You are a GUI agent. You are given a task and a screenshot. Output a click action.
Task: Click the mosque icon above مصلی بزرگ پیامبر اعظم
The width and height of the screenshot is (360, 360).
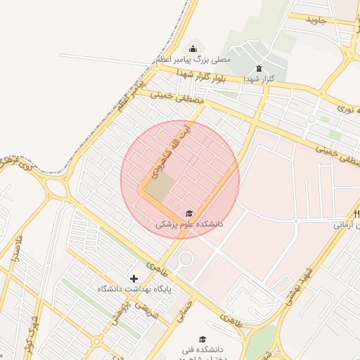tap(193, 48)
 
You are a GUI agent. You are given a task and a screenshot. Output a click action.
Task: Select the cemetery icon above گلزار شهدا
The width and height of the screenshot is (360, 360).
tap(258, 68)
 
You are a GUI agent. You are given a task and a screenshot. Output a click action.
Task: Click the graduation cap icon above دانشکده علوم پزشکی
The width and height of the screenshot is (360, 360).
tap(188, 213)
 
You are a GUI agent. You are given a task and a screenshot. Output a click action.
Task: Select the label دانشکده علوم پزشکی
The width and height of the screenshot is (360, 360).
tap(189, 225)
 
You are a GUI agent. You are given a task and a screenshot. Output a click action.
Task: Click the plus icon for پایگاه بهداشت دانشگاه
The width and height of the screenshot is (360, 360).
tap(134, 278)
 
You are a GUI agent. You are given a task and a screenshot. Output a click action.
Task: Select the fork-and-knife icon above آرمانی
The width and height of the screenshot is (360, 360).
tap(356, 213)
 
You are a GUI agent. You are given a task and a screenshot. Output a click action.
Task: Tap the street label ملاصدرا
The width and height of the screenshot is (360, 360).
tap(16, 250)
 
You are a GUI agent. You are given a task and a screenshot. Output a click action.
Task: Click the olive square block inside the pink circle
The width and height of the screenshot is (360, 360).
tap(161, 186)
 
